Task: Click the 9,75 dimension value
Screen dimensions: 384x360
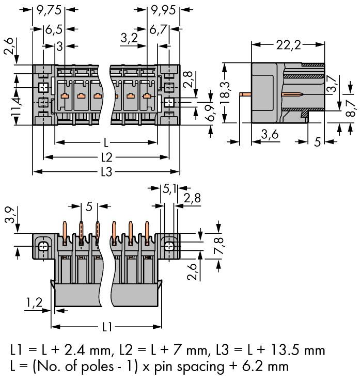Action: [50, 9]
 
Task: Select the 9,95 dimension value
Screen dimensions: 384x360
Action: [162, 9]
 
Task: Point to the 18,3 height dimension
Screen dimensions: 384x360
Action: [224, 93]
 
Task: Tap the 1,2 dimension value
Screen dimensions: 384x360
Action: [34, 304]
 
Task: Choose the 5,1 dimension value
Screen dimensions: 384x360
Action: [168, 189]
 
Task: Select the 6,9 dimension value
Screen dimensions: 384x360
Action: [211, 110]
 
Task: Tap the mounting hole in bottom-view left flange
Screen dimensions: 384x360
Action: [43, 246]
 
